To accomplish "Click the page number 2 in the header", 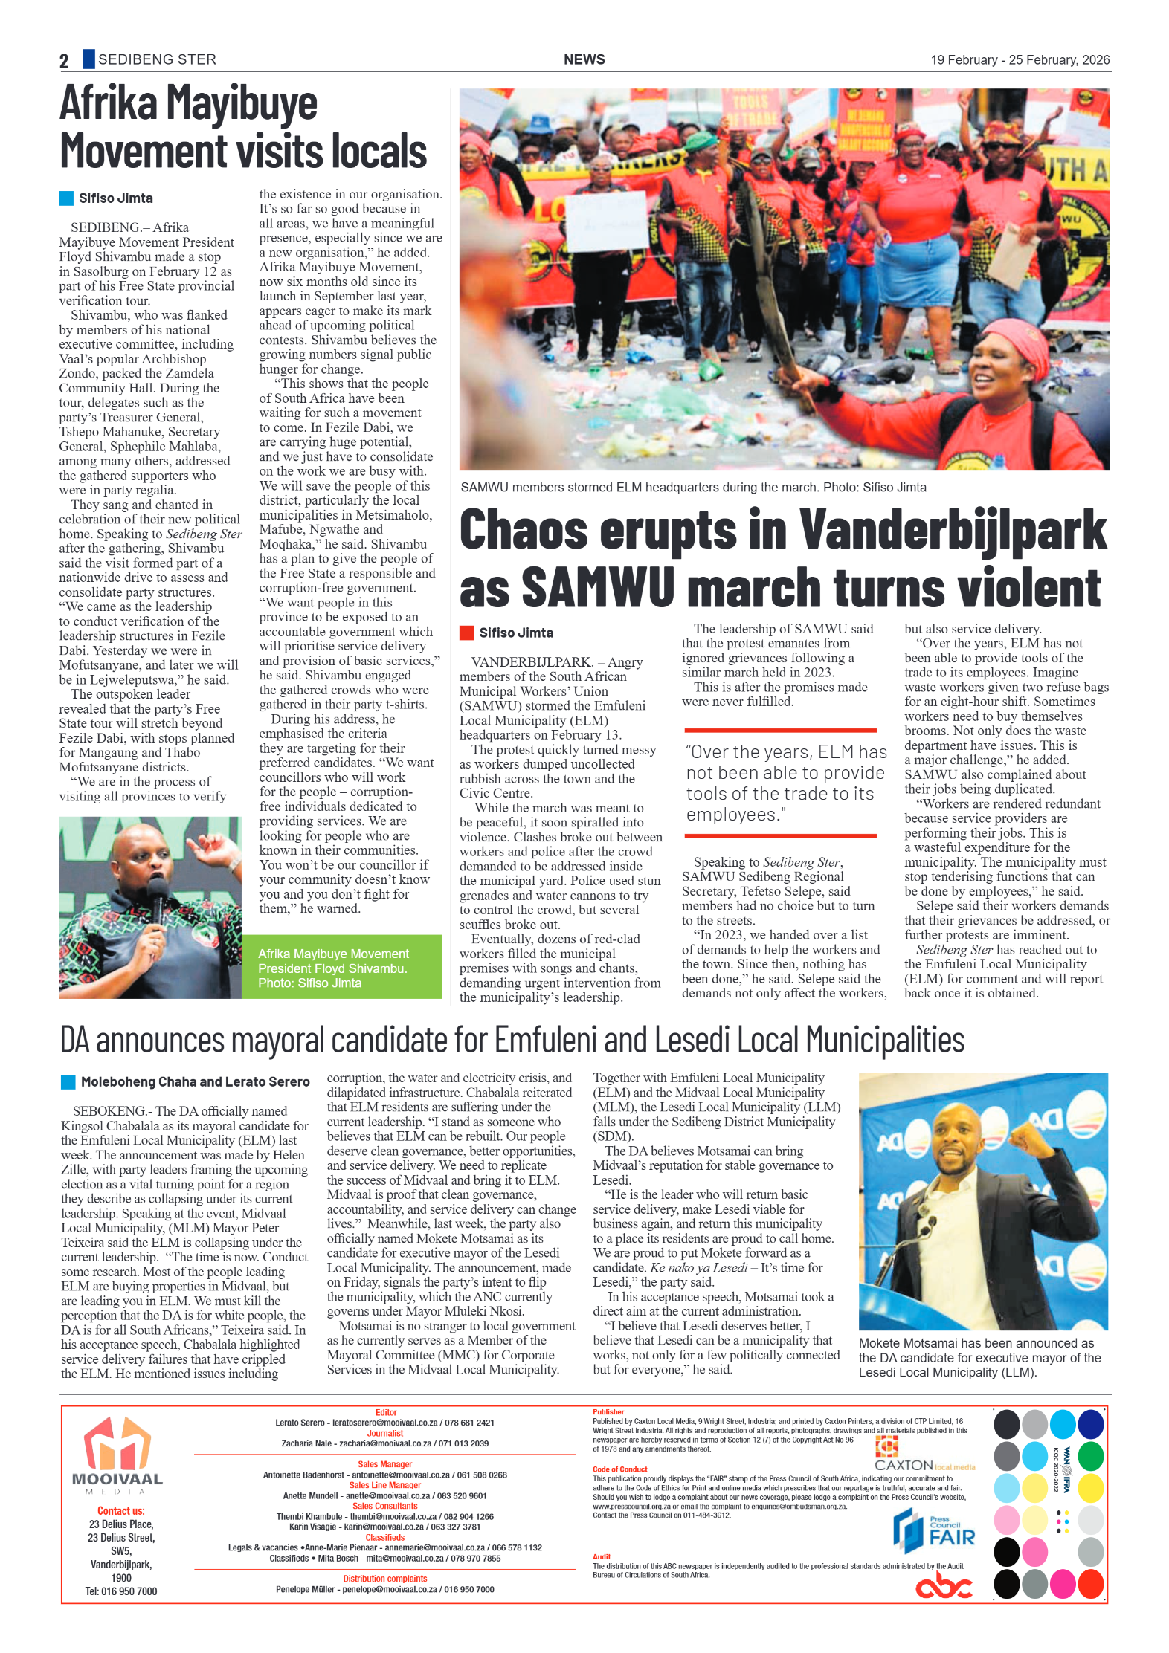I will point(64,61).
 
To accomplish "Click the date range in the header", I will point(1020,60).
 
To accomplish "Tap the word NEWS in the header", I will point(584,59).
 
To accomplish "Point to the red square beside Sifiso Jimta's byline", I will point(466,633).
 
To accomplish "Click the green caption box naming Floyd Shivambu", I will point(341,967).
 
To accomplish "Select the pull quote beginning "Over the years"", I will point(785,783).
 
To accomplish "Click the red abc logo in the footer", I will point(943,1587).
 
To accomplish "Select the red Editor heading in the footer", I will point(386,1411).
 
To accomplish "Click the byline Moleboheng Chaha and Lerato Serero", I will point(195,1081).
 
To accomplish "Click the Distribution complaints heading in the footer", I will point(384,1578).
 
